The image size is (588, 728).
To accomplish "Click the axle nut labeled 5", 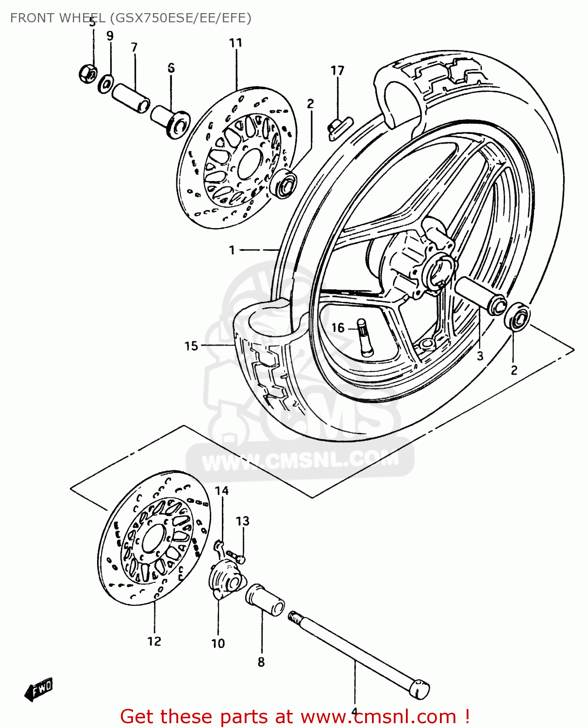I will pos(87,74).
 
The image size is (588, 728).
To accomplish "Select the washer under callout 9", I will pos(105,83).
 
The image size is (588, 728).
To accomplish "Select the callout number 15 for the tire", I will pos(191,346).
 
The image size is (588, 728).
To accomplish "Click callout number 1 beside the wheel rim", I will pos(232,250).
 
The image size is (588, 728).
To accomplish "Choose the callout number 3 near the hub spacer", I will pos(480,356).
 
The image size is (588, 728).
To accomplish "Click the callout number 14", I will pos(221,491).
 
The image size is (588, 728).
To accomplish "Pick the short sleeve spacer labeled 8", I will pos(265,601).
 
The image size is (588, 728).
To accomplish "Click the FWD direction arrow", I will pos(39,689).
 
